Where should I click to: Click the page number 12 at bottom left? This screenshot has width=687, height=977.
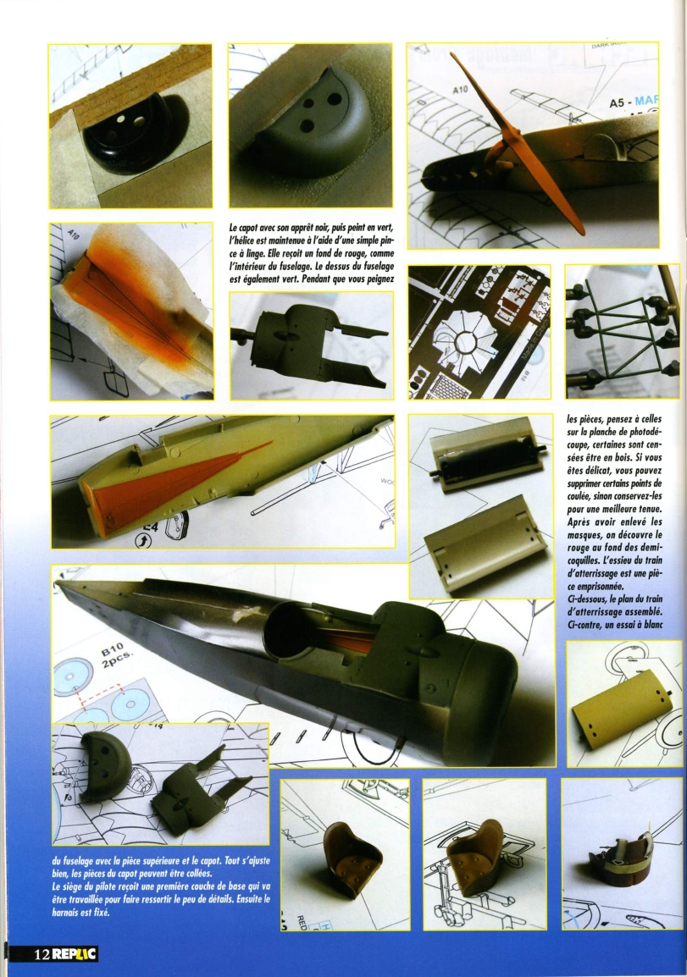click(42, 954)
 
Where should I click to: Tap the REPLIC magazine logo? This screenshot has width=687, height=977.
click(75, 954)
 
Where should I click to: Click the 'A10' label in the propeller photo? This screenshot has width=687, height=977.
click(460, 90)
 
